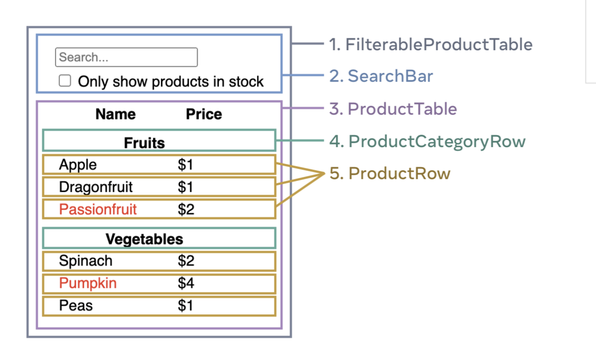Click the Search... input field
pyautogui.click(x=126, y=57)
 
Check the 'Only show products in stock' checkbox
pyautogui.click(x=65, y=80)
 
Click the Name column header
pyautogui.click(x=115, y=114)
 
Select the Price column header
pyautogui.click(x=204, y=114)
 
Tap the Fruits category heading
pyautogui.click(x=145, y=143)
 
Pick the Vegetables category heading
pyautogui.click(x=145, y=239)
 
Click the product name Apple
pyautogui.click(x=77, y=165)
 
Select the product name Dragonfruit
pyautogui.click(x=96, y=187)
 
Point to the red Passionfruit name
pyautogui.click(x=98, y=209)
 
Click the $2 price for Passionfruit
pyautogui.click(x=186, y=209)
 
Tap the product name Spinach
pyautogui.click(x=85, y=261)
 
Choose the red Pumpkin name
pyautogui.click(x=88, y=283)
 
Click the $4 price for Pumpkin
pyautogui.click(x=186, y=283)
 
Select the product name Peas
pyautogui.click(x=76, y=305)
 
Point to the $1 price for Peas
pyautogui.click(x=185, y=305)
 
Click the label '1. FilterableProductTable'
pyautogui.click(x=431, y=44)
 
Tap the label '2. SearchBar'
pyautogui.click(x=381, y=76)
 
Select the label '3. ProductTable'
pyautogui.click(x=393, y=109)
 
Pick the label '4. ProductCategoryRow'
pyautogui.click(x=427, y=142)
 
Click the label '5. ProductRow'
pyautogui.click(x=390, y=173)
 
